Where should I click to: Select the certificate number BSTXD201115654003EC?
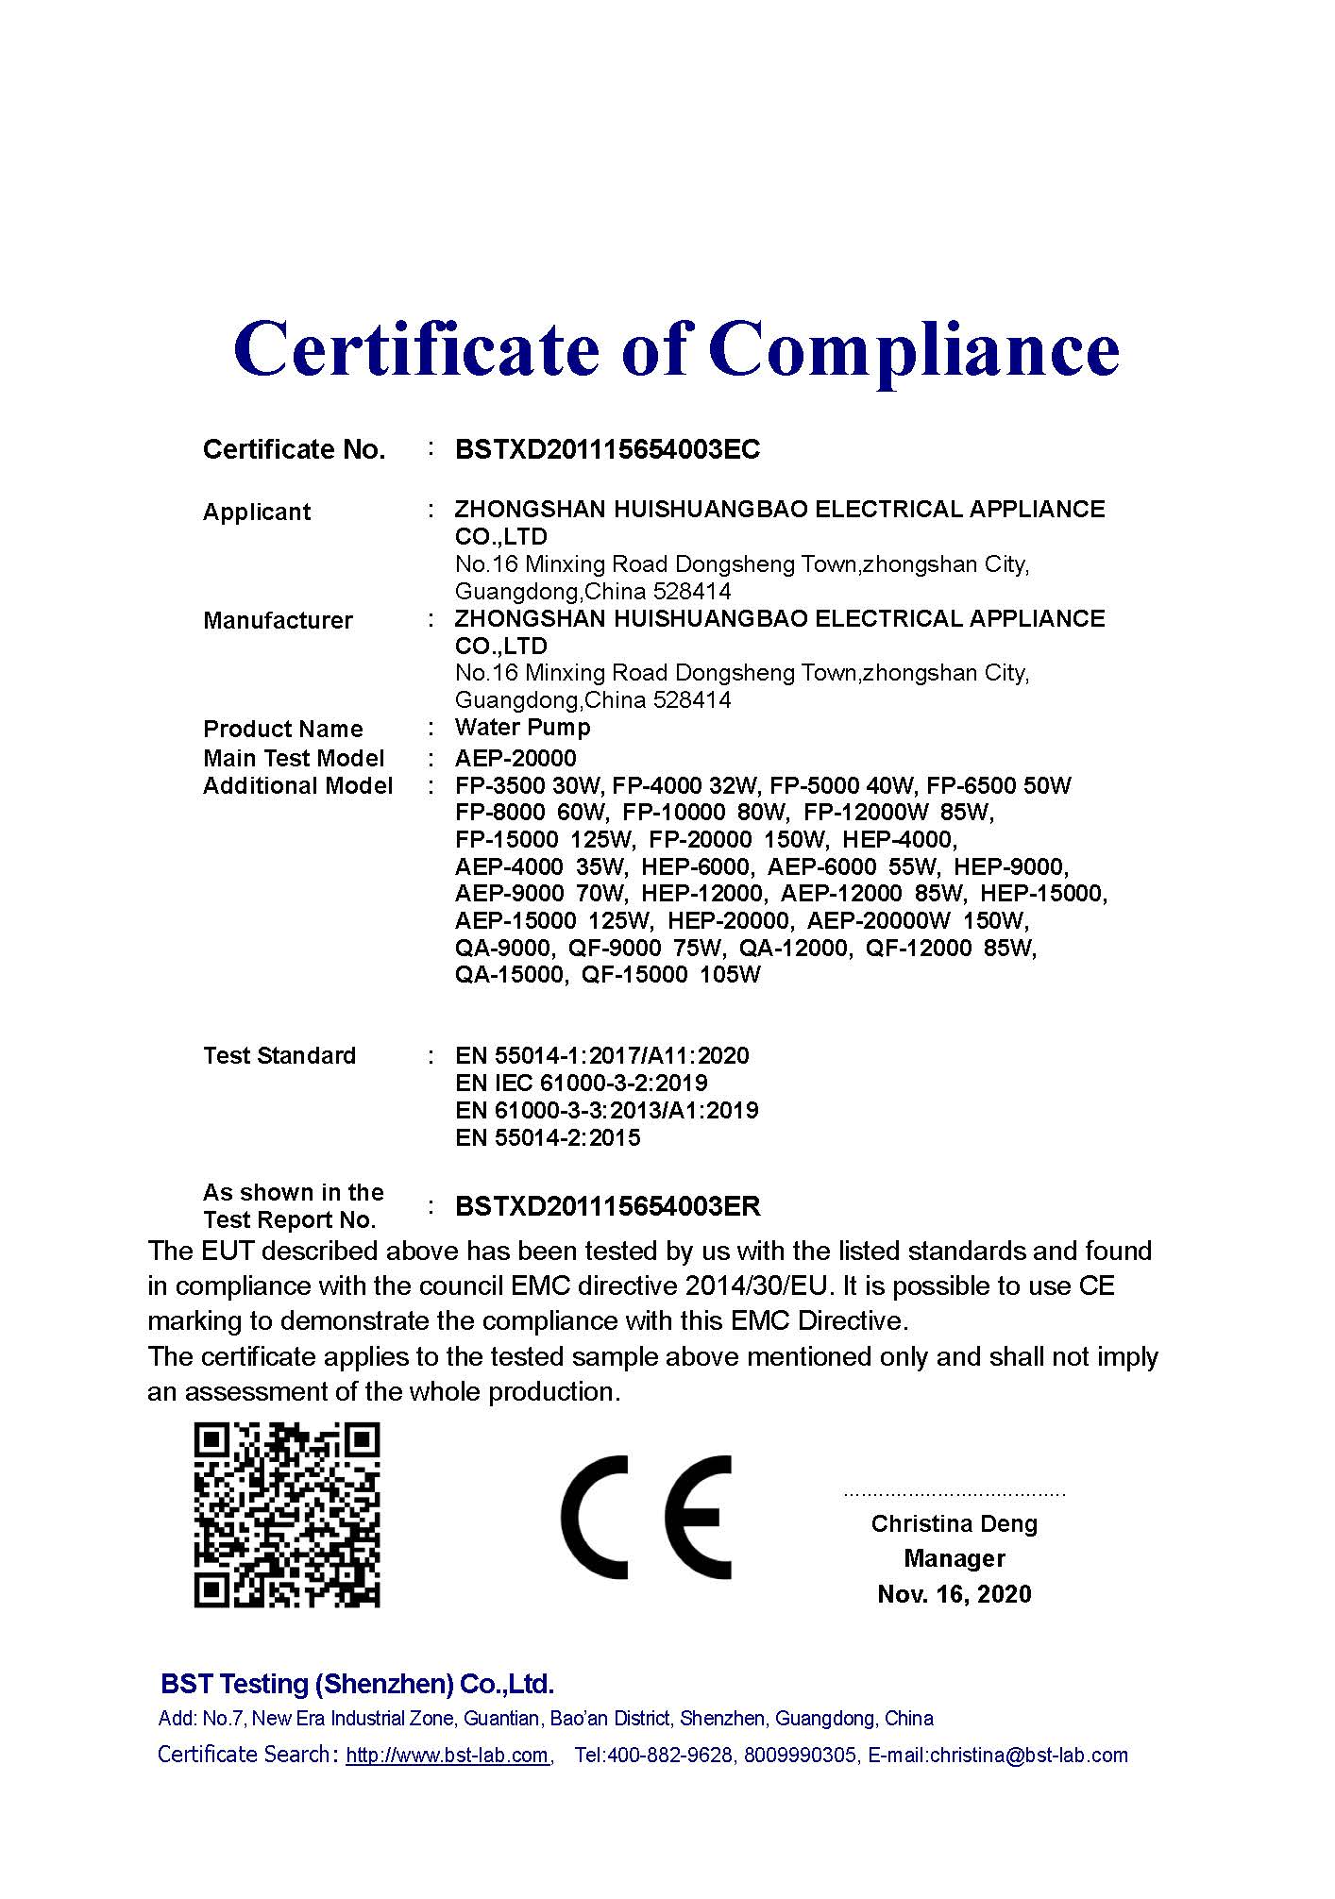[x=607, y=449]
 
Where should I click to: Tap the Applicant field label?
[x=256, y=513]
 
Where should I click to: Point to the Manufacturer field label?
[x=278, y=621]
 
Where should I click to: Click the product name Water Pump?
[x=522, y=728]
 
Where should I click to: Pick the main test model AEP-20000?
[x=515, y=758]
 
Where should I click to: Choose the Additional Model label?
[x=297, y=786]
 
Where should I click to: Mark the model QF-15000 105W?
[x=671, y=975]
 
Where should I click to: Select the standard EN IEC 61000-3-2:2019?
[x=581, y=1083]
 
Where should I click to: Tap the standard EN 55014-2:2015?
[x=548, y=1137]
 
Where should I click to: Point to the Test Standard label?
[x=279, y=1055]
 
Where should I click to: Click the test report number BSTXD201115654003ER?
[x=607, y=1206]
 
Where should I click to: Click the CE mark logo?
[x=646, y=1517]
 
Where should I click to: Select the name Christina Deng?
[x=954, y=1523]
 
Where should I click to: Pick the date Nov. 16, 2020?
[x=954, y=1594]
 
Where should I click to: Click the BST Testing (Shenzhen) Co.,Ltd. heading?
[x=357, y=1684]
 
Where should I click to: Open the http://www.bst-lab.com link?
[x=448, y=1756]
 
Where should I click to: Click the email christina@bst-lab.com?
[x=1028, y=1756]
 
